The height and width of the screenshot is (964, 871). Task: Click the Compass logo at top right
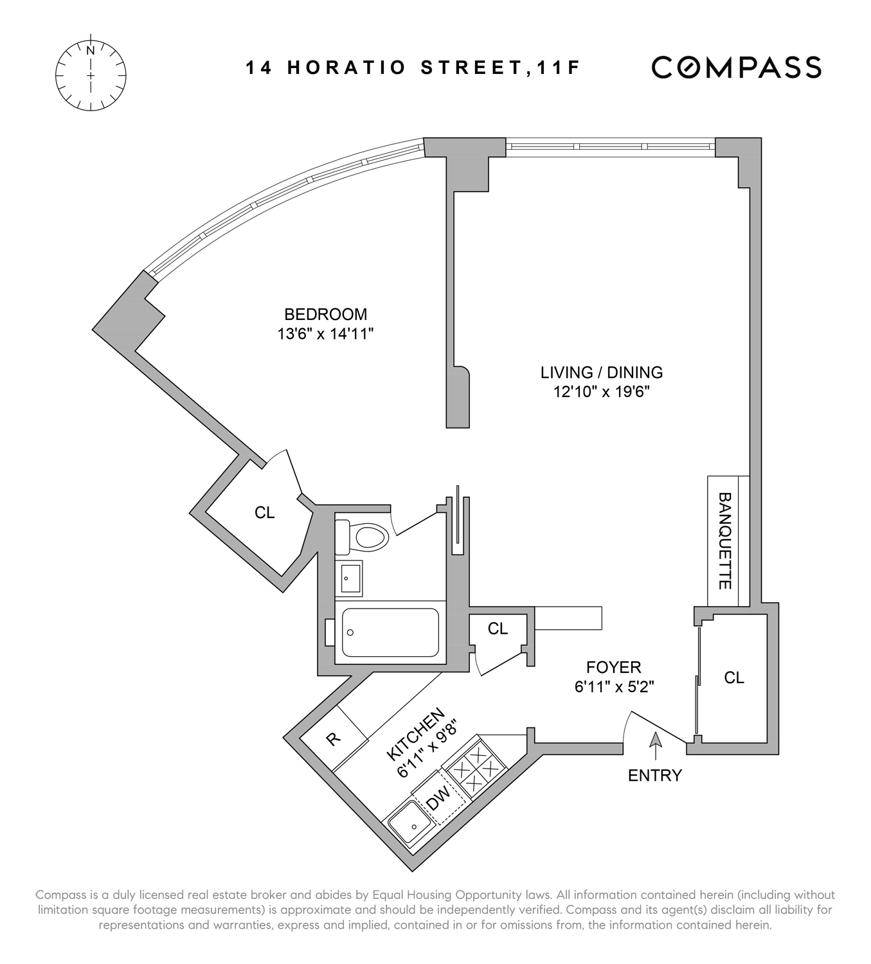pos(736,67)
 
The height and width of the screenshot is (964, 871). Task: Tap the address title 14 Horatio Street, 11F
pos(413,68)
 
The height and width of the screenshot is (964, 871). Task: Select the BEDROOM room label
pos(325,314)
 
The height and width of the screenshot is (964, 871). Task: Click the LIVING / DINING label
pos(601,372)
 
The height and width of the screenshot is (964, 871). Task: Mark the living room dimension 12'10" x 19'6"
pos(602,391)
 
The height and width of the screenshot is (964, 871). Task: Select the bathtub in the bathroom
pos(390,632)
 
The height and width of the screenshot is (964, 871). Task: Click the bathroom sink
pos(349,578)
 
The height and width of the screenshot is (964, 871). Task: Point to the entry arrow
pos(655,745)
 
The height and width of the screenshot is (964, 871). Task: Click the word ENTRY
pos(654,776)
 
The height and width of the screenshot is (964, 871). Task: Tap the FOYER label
pos(613,668)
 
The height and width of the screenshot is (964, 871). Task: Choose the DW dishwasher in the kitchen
pos(439,799)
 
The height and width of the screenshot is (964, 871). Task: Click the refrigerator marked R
pos(334,739)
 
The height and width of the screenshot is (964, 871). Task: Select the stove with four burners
pos(474,767)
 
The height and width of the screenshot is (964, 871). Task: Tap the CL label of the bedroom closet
pos(264,512)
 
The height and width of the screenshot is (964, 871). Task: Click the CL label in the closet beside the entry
pos(733,677)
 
